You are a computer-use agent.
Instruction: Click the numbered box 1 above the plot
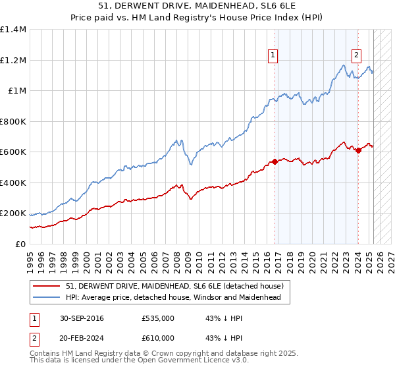coord(273,55)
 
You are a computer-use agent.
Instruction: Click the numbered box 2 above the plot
coord(356,55)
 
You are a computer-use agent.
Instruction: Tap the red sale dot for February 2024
coord(358,151)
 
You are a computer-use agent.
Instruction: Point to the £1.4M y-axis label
coord(13,30)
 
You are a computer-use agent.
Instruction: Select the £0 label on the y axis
coord(20,244)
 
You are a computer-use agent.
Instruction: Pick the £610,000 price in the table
coord(157,337)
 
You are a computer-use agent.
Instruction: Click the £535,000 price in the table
coord(157,318)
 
